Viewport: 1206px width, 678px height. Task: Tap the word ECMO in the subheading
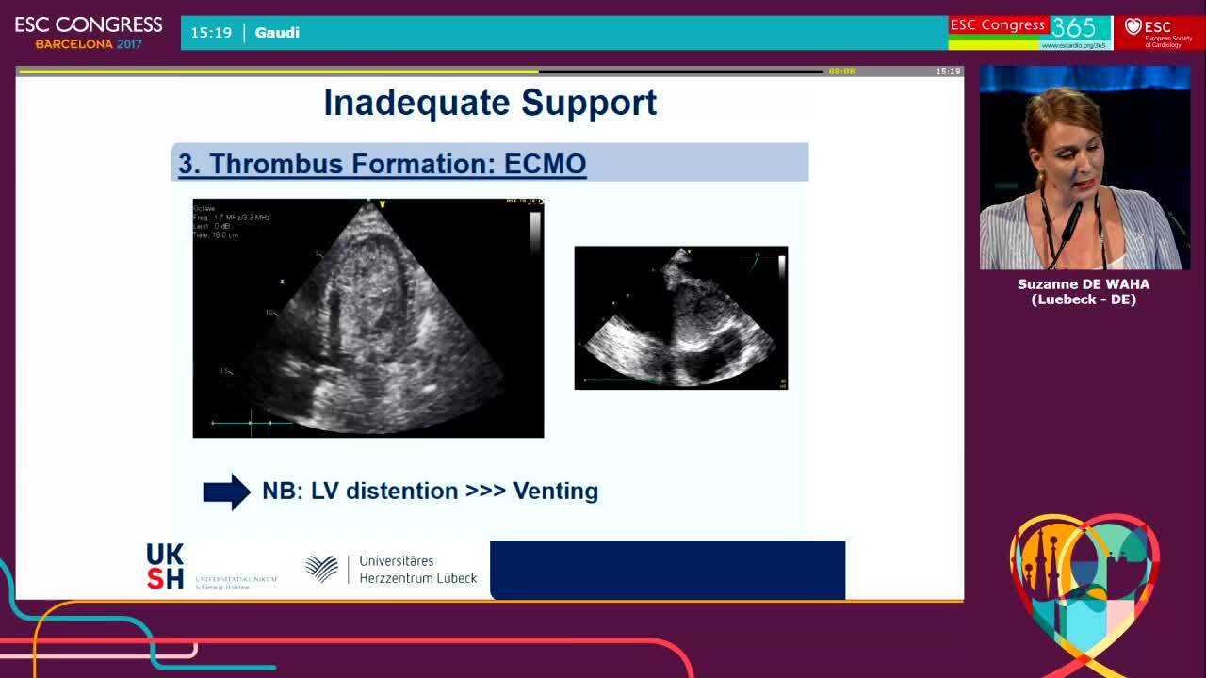point(545,164)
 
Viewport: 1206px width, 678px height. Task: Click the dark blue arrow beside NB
point(226,492)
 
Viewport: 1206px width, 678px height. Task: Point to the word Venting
point(555,492)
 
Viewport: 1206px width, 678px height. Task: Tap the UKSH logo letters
point(165,566)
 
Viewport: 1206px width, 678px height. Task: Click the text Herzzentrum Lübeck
point(417,578)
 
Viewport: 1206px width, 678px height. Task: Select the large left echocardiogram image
point(367,318)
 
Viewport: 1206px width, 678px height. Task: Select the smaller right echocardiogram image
point(680,318)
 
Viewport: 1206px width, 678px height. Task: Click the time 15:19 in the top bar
point(211,33)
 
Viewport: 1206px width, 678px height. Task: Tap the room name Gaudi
point(277,33)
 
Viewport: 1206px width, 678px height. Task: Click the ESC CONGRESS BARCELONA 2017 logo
point(89,32)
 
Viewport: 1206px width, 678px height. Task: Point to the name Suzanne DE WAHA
point(1084,284)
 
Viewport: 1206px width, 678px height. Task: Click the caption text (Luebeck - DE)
point(1084,299)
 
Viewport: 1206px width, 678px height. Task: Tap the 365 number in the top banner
point(1073,27)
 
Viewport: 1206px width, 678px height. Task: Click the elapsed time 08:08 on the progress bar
point(841,72)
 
